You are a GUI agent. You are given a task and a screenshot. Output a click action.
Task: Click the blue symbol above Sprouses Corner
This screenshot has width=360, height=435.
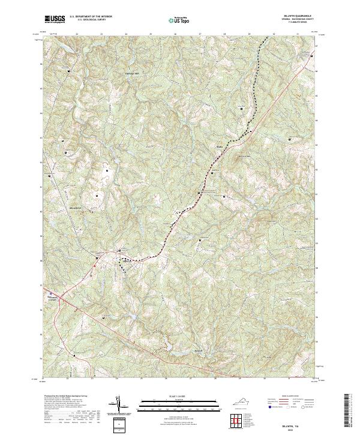pos(51,293)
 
